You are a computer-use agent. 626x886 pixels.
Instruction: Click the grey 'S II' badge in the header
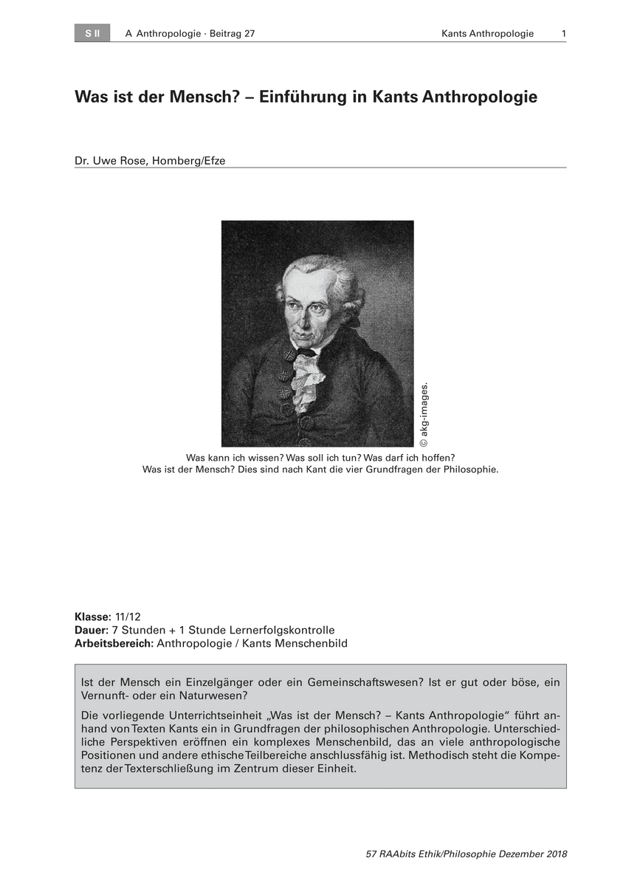coord(92,33)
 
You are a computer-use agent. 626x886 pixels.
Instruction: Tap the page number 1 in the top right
coord(563,33)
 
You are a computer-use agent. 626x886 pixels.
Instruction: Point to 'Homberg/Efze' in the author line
coord(190,159)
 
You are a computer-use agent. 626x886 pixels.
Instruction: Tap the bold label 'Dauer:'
coord(91,630)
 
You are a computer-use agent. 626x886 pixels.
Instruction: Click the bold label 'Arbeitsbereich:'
coord(114,642)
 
